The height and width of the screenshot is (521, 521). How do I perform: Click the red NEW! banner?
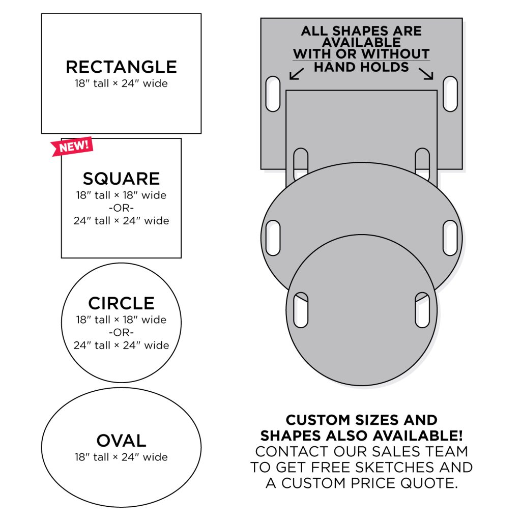72,146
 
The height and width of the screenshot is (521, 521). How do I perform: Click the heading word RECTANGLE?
121,67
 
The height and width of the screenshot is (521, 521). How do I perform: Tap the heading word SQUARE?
121,179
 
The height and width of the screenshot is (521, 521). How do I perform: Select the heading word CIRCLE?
121,303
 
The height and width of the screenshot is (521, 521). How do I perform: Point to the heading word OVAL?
121,441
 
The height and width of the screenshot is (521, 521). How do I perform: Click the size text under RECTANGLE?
121,83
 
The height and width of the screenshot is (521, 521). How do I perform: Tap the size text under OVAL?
121,457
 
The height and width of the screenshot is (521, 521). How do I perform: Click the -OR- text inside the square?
121,208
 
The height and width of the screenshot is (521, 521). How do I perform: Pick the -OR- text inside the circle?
121,332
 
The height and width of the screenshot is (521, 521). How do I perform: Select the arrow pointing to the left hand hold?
297,74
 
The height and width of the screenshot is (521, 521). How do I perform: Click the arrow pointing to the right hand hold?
426,74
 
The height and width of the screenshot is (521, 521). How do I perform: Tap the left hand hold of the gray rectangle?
273,94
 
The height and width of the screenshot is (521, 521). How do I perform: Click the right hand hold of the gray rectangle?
450,94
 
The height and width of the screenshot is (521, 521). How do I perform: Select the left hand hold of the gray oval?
273,238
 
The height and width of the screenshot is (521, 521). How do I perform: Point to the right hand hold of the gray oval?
450,238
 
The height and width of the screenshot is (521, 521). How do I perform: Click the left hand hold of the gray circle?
301,310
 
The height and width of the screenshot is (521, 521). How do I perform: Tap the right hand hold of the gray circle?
422,310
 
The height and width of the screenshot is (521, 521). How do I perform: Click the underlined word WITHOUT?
395,54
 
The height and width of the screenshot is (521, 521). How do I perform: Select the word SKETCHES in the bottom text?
395,467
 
